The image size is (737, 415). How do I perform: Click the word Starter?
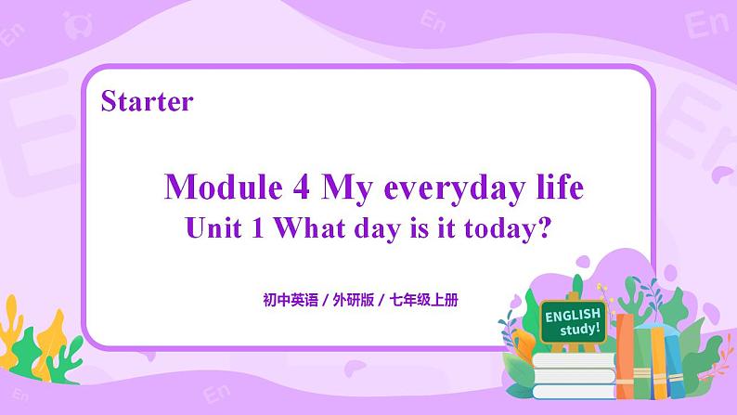point(148,100)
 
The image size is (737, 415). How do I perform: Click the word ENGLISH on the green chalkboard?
point(573,316)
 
